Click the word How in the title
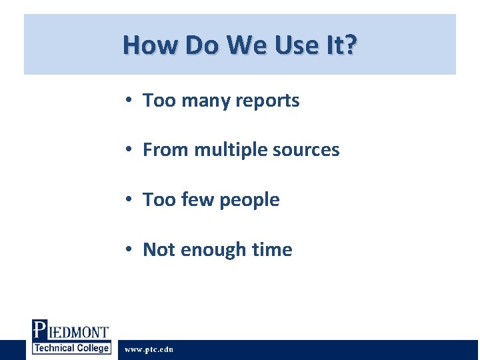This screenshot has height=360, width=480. (141, 45)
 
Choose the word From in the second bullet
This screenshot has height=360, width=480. (166, 150)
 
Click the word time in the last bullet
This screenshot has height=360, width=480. (272, 250)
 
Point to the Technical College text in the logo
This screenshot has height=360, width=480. (71, 348)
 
